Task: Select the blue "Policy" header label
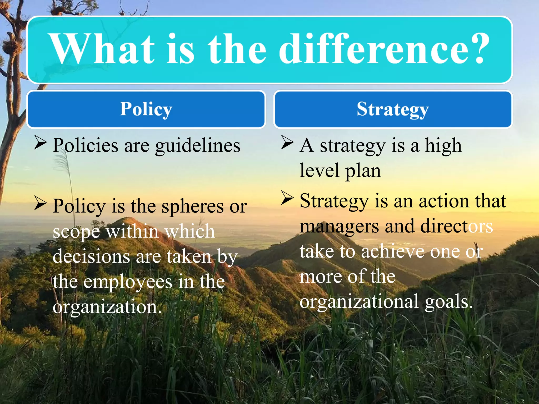pos(146,109)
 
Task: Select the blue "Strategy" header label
pos(393,109)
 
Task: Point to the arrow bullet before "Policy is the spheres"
pos(40,204)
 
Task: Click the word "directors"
pos(456,226)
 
